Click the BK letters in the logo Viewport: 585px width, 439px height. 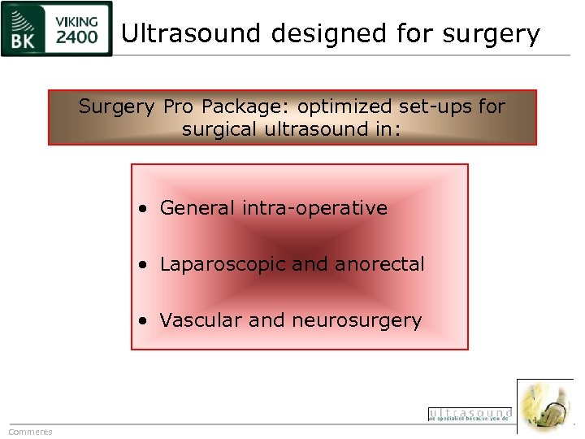[23, 38]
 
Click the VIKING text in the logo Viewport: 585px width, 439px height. [77, 21]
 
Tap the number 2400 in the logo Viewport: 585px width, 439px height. [77, 37]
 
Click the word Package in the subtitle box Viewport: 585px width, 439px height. [245, 107]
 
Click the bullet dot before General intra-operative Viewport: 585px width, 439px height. [143, 209]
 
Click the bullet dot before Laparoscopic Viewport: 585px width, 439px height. [143, 265]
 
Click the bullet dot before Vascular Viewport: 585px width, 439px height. [143, 321]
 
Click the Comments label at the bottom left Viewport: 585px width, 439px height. [30, 432]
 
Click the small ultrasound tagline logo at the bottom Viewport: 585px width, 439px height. [470, 415]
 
